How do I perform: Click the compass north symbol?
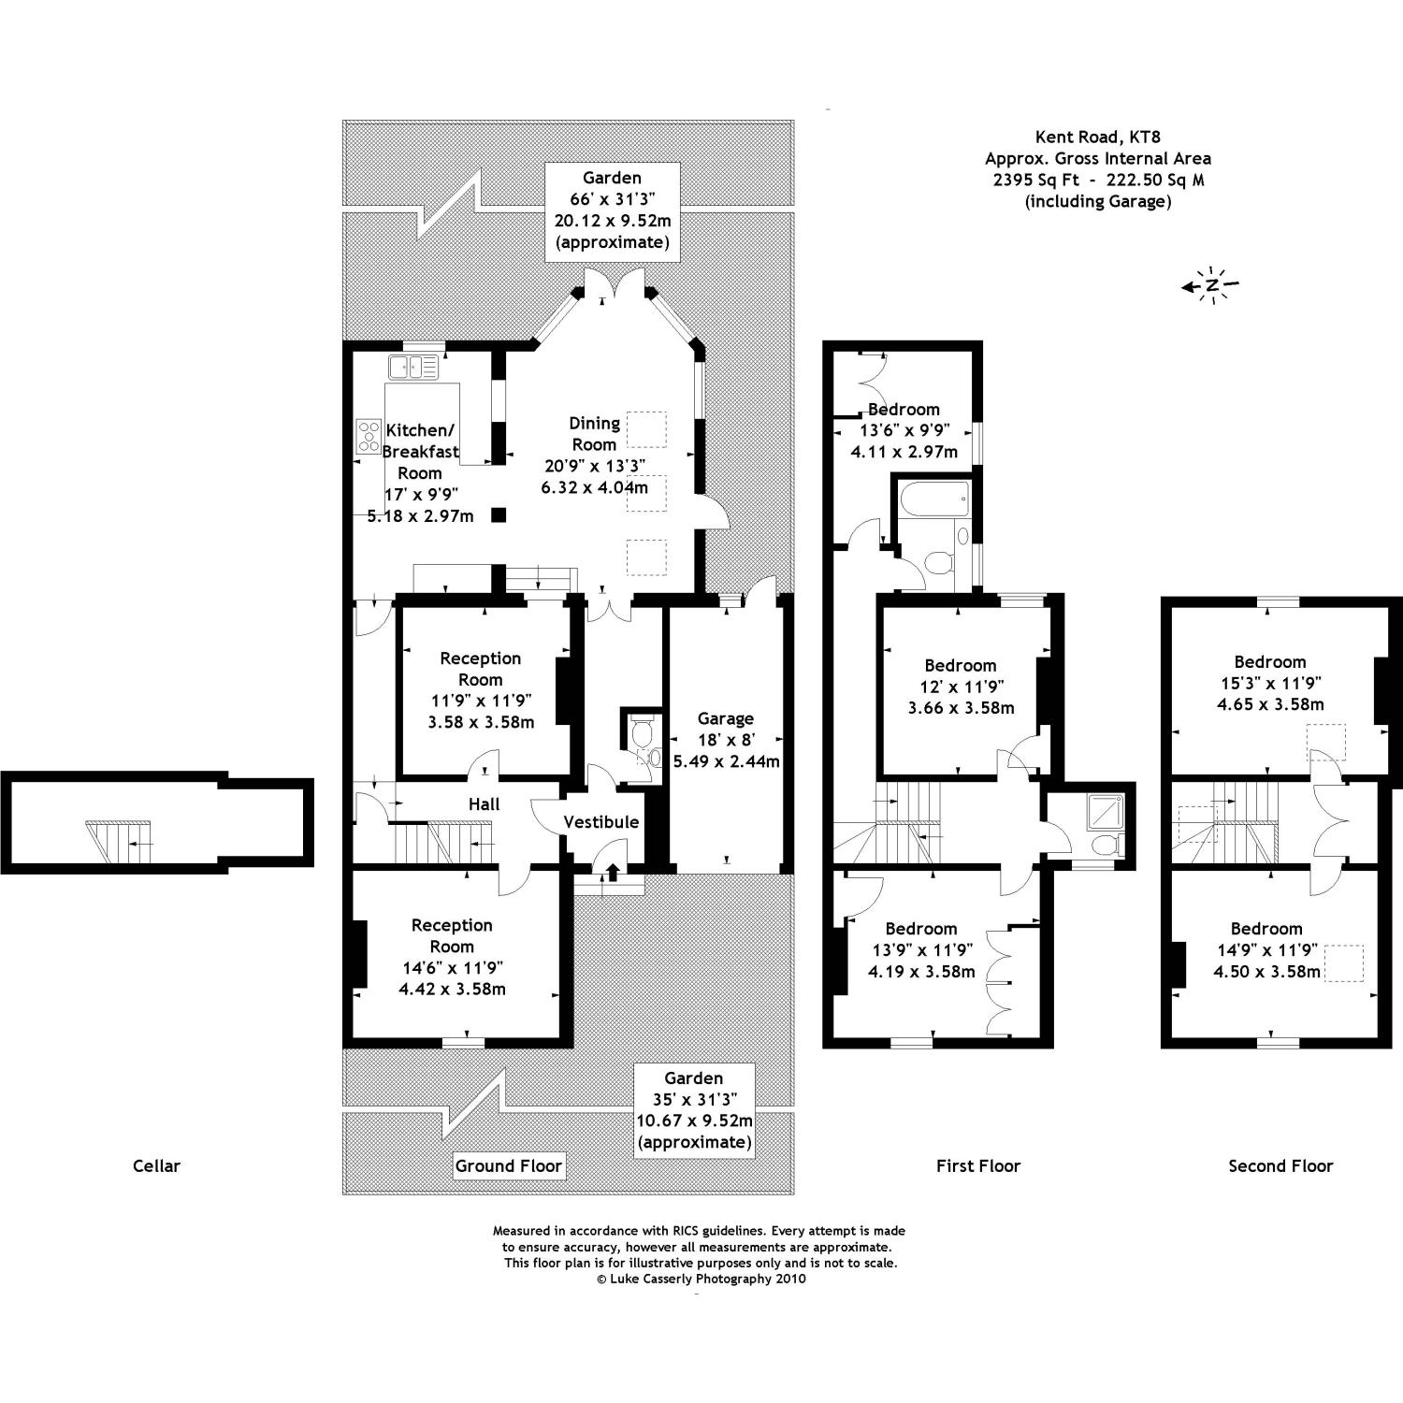[x=1211, y=284]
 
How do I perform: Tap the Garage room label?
[x=726, y=718]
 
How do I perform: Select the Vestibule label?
[x=601, y=822]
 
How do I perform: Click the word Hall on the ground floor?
[x=485, y=803]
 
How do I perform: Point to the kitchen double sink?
[x=413, y=368]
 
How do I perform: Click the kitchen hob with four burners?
[x=368, y=437]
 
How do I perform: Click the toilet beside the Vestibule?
[x=642, y=736]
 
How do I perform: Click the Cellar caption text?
[x=156, y=1165]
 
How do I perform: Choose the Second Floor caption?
[x=1280, y=1165]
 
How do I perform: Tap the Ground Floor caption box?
[x=509, y=1165]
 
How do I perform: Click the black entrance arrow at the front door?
[x=613, y=872]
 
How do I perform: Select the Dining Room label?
[x=594, y=434]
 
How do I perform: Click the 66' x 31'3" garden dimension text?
[x=613, y=199]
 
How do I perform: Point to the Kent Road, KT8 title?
[x=1098, y=137]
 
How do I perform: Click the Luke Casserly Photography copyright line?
[x=701, y=1279]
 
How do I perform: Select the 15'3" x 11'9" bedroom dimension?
[x=1270, y=683]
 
